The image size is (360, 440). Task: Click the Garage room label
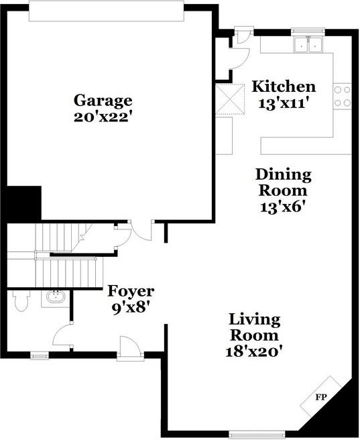point(103,101)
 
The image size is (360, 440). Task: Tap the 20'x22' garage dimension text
point(103,116)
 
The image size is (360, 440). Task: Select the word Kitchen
point(284,87)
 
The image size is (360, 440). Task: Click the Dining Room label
point(284,183)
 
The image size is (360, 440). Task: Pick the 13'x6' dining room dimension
point(284,207)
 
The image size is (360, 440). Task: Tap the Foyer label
point(131,292)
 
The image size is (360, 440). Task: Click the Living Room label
point(255,327)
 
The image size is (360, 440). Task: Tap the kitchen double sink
point(308,45)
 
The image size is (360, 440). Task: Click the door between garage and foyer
point(141,229)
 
